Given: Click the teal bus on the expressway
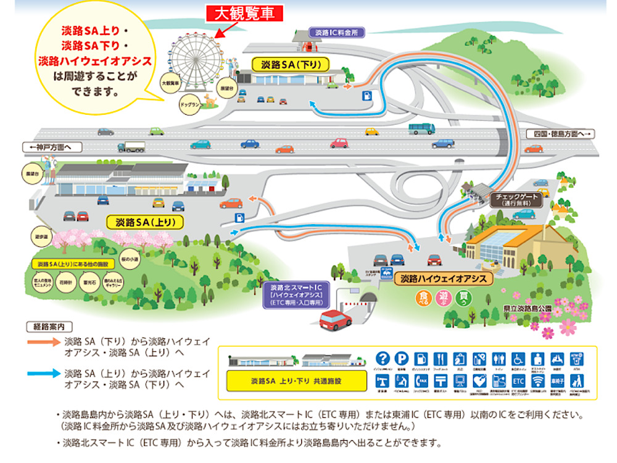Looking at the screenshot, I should (x=421, y=128).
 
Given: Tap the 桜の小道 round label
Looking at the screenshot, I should (x=131, y=261).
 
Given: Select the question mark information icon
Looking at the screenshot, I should (x=383, y=358).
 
